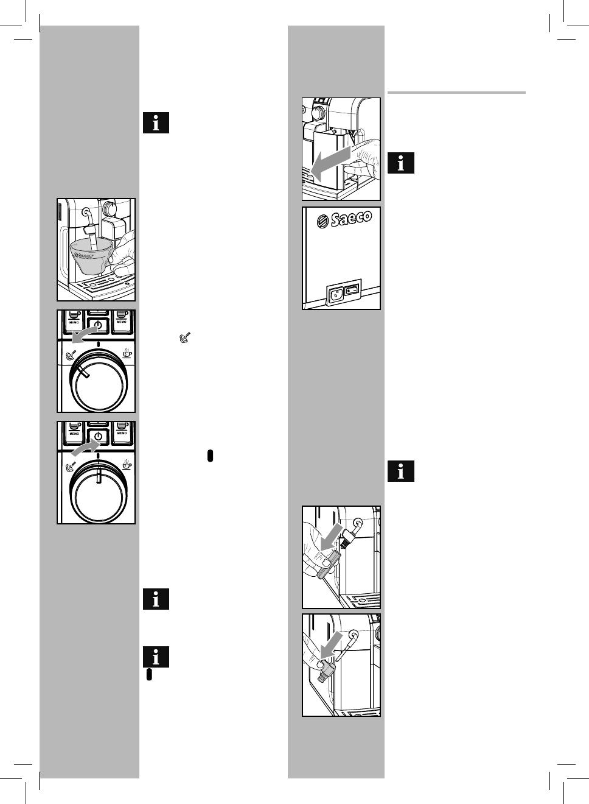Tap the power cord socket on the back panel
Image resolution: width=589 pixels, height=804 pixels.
pyautogui.click(x=334, y=295)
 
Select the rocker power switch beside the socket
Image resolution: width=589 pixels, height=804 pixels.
pyautogui.click(x=352, y=291)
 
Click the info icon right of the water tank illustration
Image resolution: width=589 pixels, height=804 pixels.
pyautogui.click(x=401, y=163)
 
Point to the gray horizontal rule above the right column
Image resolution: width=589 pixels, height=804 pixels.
pyautogui.click(x=456, y=93)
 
